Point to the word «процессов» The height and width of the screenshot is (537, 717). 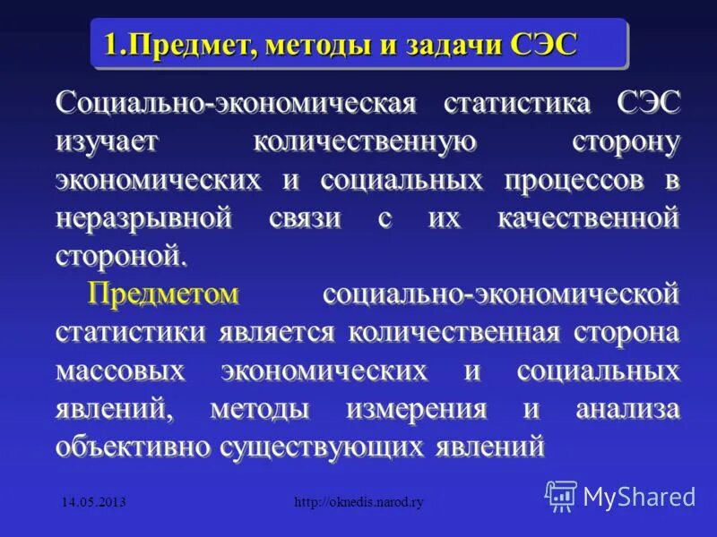(574, 179)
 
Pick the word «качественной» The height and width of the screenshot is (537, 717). (588, 217)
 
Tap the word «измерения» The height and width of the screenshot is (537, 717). (416, 409)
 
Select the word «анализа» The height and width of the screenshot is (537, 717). (628, 409)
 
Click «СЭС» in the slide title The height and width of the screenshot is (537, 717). (543, 43)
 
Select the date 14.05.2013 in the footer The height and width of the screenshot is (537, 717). (93, 503)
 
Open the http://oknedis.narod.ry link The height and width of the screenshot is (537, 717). (358, 503)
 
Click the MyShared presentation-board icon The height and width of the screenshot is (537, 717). (561, 495)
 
